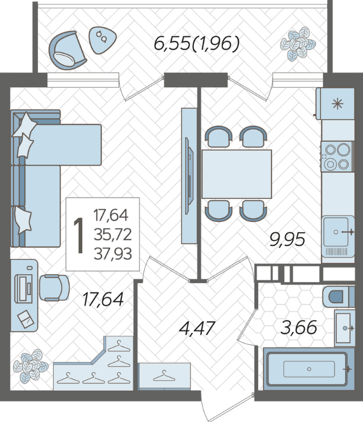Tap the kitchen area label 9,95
[287, 239]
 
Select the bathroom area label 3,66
[298, 327]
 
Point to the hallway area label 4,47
[197, 328]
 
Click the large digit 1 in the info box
[79, 236]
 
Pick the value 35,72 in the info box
[113, 234]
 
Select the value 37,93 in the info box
[113, 254]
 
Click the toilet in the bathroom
[339, 297]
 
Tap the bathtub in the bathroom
[309, 369]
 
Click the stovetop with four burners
[337, 156]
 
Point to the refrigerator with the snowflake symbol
[336, 104]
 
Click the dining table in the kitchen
[237, 174]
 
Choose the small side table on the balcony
[103, 40]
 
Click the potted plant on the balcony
[298, 44]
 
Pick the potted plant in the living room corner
[31, 366]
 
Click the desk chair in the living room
[54, 287]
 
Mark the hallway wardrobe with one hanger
[164, 376]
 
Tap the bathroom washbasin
[344, 328]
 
